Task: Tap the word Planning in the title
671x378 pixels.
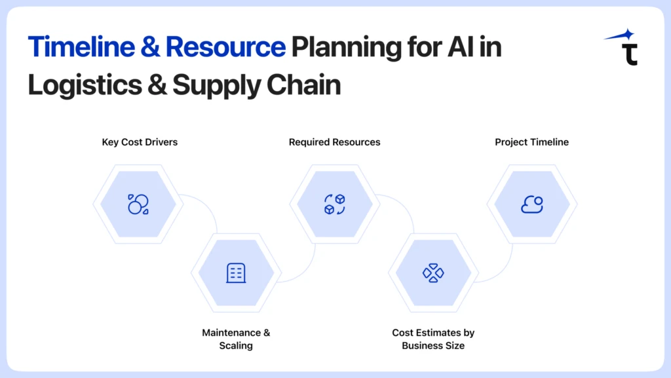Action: pyautogui.click(x=345, y=48)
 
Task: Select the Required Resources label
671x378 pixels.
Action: pyautogui.click(x=334, y=142)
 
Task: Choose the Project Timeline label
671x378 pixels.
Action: pyautogui.click(x=531, y=142)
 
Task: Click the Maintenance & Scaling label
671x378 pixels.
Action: pyautogui.click(x=236, y=339)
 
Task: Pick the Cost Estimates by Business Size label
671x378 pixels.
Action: pyautogui.click(x=432, y=339)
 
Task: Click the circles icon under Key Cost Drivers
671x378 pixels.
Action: pyautogui.click(x=138, y=204)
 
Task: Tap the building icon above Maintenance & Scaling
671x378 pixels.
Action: pyautogui.click(x=236, y=273)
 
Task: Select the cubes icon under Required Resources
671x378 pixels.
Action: pyautogui.click(x=334, y=204)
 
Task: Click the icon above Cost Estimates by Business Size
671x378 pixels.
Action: pyautogui.click(x=433, y=273)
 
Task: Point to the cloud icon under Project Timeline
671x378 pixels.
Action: pyautogui.click(x=531, y=204)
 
